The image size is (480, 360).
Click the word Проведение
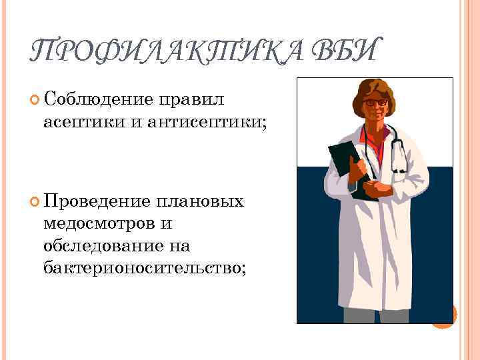(97, 201)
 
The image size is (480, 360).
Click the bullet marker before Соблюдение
(35, 101)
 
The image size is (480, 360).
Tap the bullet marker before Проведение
(35, 202)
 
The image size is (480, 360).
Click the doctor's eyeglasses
(376, 103)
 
